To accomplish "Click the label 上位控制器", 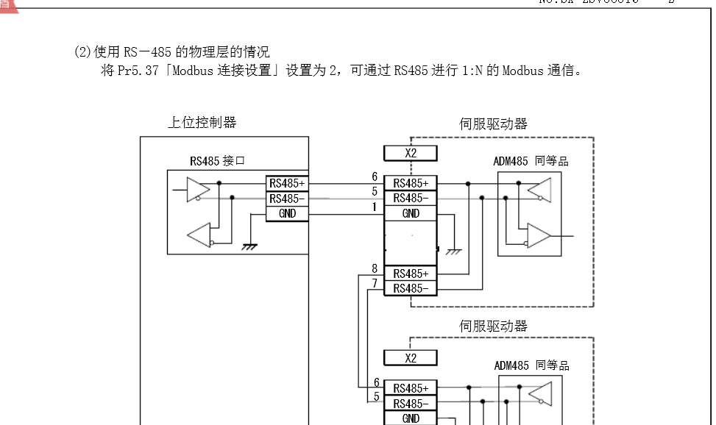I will click(x=202, y=123).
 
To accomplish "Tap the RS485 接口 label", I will click(x=217, y=160).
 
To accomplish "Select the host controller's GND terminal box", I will click(x=286, y=213).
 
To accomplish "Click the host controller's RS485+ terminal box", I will click(x=286, y=183).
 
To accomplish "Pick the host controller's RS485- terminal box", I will click(x=286, y=199).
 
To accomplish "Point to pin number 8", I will click(x=375, y=269).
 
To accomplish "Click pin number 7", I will click(x=375, y=284).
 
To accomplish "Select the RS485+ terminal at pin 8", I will click(x=411, y=274).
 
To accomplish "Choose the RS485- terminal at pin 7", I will click(x=411, y=287).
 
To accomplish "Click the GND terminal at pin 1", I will click(x=411, y=213).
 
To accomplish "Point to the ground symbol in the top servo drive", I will click(x=455, y=251).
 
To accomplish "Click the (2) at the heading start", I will click(x=82, y=52).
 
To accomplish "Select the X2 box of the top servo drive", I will click(x=411, y=153).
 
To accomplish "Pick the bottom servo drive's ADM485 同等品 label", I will click(x=531, y=365).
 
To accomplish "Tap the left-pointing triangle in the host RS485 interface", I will click(x=199, y=235).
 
